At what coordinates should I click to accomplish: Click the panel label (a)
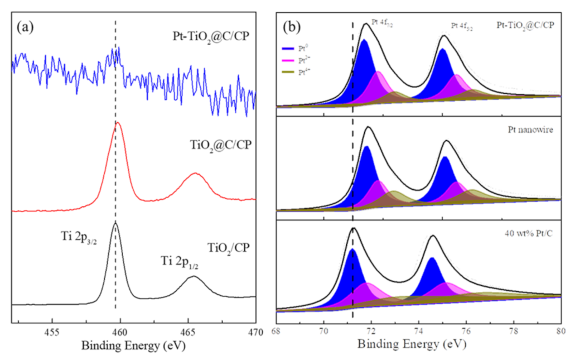click(26, 26)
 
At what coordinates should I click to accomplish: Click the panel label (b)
click(294, 26)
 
